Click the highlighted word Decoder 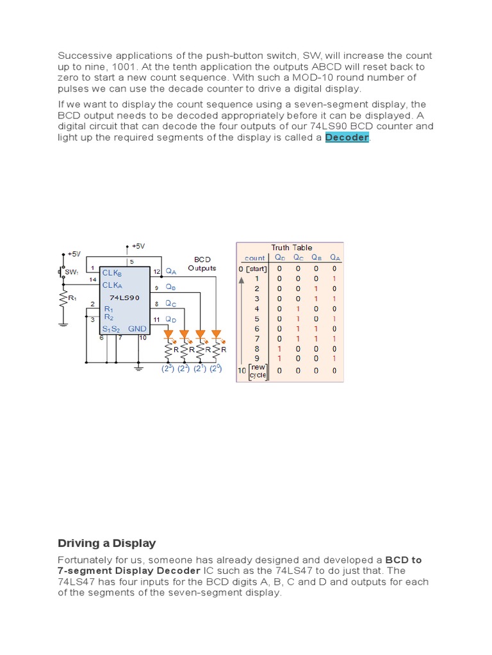pyautogui.click(x=347, y=138)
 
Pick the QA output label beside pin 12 pyautogui.click(x=171, y=271)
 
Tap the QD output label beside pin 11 pyautogui.click(x=171, y=319)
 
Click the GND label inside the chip pyautogui.click(x=137, y=329)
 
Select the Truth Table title pyautogui.click(x=291, y=248)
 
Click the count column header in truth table pyautogui.click(x=254, y=258)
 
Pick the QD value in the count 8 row pyautogui.click(x=279, y=349)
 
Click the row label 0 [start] pyautogui.click(x=252, y=269)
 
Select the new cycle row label pyautogui.click(x=258, y=371)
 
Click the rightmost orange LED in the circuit pyautogui.click(x=216, y=334)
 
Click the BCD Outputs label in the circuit pyautogui.click(x=202, y=264)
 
